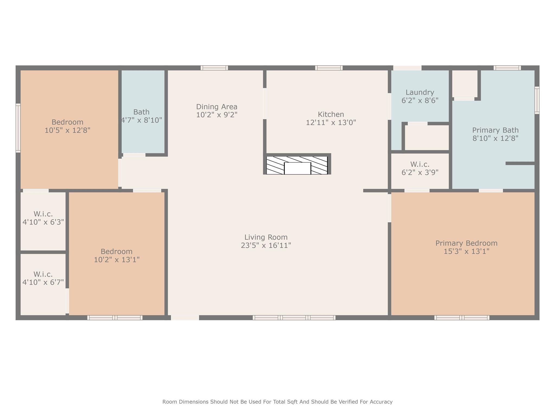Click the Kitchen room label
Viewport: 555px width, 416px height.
click(331, 114)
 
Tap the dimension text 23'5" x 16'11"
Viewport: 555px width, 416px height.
click(266, 246)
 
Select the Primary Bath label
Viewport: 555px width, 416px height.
click(495, 130)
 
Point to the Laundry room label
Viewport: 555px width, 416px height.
click(420, 93)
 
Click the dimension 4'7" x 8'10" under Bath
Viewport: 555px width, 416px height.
click(141, 120)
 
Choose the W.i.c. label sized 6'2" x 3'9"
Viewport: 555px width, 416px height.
click(420, 164)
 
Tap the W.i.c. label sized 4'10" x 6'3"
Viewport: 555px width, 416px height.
click(43, 214)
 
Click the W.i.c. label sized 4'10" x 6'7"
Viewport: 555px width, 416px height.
click(43, 274)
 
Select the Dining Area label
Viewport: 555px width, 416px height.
click(217, 107)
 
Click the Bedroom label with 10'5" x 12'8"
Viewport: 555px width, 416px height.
click(67, 122)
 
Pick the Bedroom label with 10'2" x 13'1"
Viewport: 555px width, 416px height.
click(117, 252)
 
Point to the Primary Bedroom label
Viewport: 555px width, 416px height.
click(466, 243)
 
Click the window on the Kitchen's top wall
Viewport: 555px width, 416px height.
click(329, 68)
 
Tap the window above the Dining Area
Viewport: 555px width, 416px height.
click(214, 68)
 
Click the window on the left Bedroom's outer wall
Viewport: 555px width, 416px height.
click(18, 128)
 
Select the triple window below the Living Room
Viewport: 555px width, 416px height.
click(294, 318)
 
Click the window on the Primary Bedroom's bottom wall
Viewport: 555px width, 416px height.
click(462, 318)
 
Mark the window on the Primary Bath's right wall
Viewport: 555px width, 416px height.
click(537, 100)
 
